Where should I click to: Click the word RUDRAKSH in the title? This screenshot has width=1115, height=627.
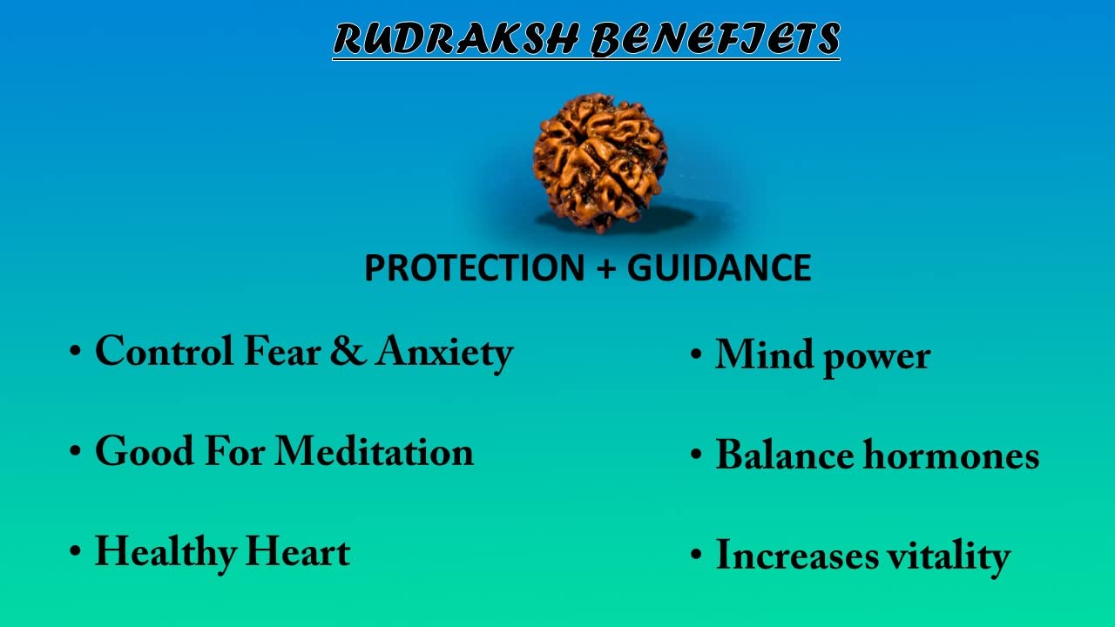[x=456, y=38]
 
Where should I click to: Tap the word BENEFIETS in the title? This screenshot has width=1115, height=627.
[x=715, y=39]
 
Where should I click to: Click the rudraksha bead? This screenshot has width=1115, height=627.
[x=600, y=162]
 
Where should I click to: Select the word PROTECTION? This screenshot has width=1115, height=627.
[x=475, y=267]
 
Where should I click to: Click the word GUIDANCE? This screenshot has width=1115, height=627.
[x=720, y=267]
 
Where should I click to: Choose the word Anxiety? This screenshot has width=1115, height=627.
[x=444, y=354]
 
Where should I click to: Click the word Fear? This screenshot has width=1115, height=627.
[x=282, y=351]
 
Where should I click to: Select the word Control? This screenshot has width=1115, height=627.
[x=165, y=351]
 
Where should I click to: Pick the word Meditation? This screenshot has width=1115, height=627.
[x=374, y=451]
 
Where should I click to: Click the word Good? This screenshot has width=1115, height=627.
[x=145, y=451]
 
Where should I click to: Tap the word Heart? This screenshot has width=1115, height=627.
[x=298, y=551]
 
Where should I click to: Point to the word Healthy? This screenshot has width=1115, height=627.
[x=166, y=554]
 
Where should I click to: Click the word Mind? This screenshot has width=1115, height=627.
[x=765, y=354]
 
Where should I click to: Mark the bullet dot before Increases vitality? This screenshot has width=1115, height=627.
[x=696, y=555]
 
